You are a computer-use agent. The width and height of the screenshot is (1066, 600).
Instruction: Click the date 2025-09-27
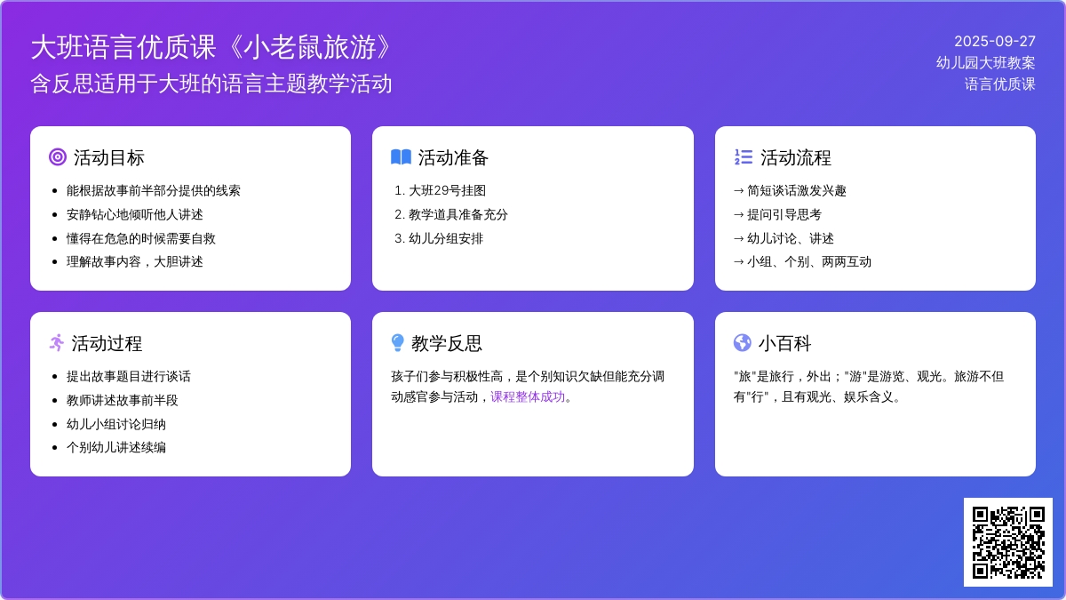click(x=995, y=42)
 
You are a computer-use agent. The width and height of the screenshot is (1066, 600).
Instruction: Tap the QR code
click(x=1008, y=542)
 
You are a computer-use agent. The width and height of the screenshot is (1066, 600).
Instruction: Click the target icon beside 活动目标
click(x=58, y=157)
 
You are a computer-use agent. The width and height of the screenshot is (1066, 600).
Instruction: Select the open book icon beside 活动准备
click(x=401, y=157)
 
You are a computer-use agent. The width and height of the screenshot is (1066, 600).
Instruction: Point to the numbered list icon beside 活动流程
click(x=744, y=157)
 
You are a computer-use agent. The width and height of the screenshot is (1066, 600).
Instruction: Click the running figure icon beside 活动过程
click(x=57, y=343)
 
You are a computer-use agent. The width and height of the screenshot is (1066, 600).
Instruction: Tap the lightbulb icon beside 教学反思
click(x=397, y=343)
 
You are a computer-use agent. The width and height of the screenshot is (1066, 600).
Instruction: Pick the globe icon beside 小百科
click(x=743, y=343)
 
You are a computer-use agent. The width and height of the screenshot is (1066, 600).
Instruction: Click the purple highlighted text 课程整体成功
click(x=528, y=397)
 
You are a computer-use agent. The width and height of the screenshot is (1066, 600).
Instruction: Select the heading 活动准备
click(x=453, y=157)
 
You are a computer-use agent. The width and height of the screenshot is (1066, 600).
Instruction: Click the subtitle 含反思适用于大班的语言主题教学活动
click(x=211, y=84)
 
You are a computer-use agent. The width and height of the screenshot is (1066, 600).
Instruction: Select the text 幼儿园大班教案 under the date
click(x=985, y=63)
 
